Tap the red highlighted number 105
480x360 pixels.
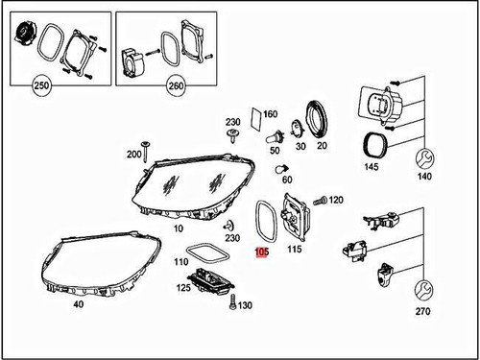[x=261, y=254]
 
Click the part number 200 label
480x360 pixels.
[x=133, y=154]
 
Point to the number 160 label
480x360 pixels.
[x=270, y=115]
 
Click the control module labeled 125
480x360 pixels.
[x=210, y=279]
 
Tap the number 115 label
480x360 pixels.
[x=294, y=250]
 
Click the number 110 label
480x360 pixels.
[x=180, y=261]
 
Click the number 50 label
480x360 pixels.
[x=276, y=150]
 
